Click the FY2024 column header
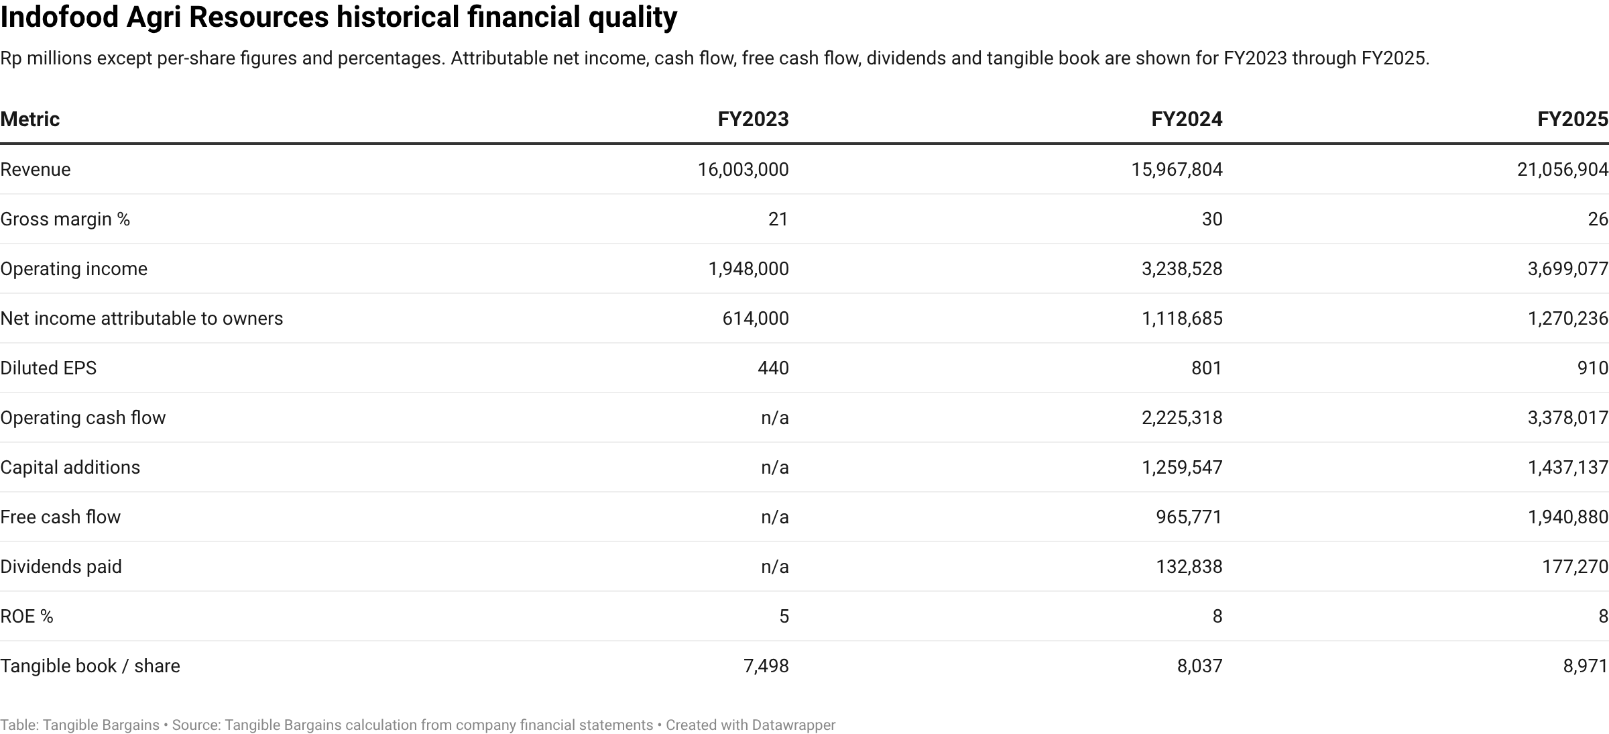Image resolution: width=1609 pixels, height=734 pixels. click(1187, 119)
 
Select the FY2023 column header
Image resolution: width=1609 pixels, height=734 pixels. click(753, 119)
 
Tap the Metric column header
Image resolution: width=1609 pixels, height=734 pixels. click(30, 119)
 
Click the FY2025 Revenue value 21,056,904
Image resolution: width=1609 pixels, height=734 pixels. click(1563, 169)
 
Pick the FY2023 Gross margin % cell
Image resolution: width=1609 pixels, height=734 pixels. click(778, 219)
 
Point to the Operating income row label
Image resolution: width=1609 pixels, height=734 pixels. click(74, 268)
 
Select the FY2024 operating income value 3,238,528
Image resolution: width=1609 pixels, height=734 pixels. click(1182, 268)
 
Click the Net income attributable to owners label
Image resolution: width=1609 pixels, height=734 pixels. click(141, 318)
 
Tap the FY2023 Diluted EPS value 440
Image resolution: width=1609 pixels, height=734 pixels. click(773, 368)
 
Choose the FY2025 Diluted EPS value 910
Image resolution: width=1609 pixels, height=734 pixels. click(1593, 368)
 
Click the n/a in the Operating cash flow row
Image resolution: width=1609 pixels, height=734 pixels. click(775, 417)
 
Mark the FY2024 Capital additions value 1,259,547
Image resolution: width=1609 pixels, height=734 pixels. click(1182, 467)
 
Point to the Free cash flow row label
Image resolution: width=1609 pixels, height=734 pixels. click(60, 517)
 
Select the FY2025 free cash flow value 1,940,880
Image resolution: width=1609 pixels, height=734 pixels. click(1568, 517)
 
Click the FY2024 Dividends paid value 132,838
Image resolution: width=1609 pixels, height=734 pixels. click(1189, 566)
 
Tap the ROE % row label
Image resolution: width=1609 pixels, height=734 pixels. click(27, 616)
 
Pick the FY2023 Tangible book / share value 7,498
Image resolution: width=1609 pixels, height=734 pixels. click(766, 666)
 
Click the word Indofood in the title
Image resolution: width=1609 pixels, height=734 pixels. click(60, 17)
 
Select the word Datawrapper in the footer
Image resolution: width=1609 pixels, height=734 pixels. click(794, 725)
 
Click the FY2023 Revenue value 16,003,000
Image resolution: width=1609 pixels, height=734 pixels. click(743, 169)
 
